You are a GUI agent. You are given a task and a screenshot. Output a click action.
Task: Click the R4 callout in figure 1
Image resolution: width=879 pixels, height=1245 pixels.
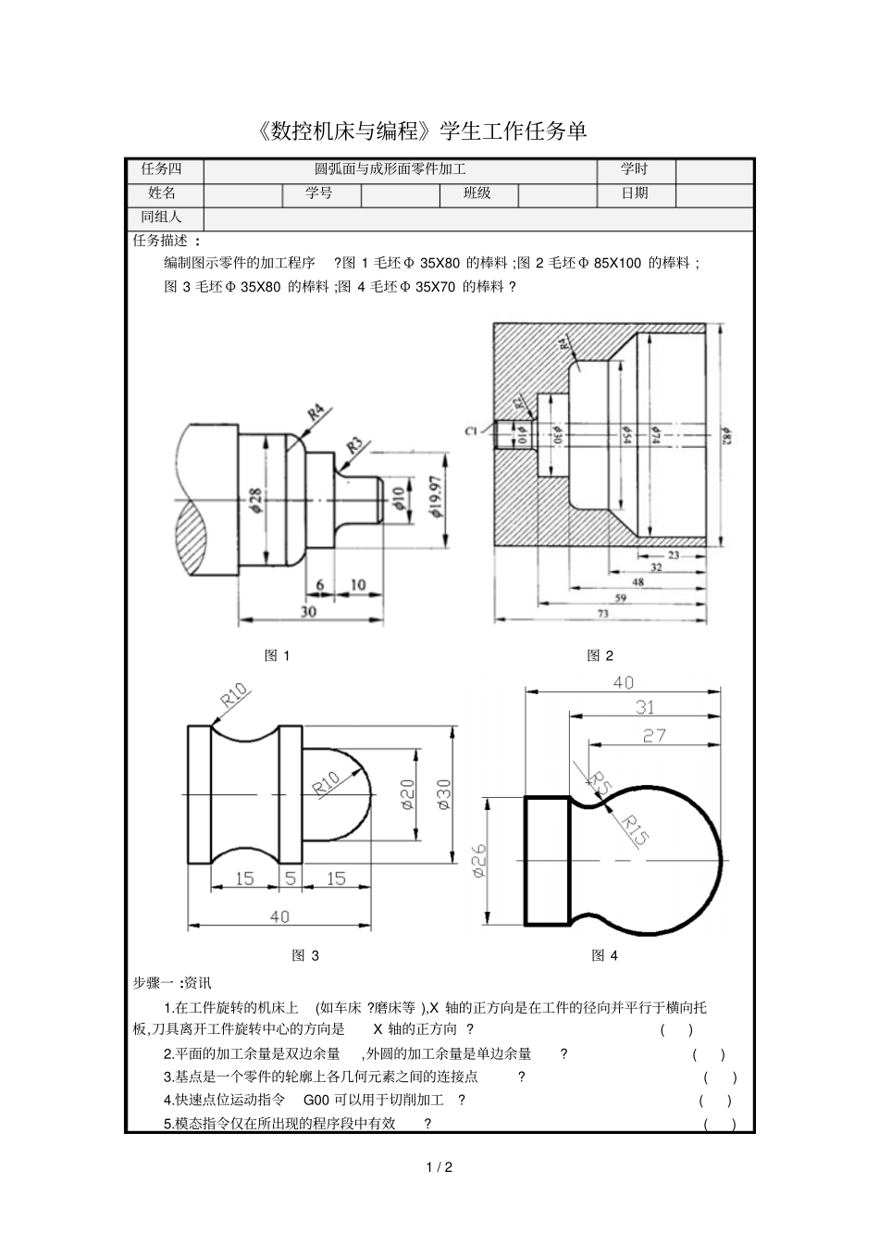(316, 413)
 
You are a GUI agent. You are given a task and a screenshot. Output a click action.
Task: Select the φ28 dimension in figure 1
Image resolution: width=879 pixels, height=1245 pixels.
(255, 500)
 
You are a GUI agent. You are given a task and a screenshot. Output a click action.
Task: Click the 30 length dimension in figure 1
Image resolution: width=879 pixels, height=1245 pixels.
(309, 612)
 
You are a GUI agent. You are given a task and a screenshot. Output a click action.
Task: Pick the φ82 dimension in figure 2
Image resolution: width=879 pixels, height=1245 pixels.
(726, 436)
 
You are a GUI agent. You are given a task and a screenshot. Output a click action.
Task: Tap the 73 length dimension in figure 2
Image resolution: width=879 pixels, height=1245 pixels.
(602, 614)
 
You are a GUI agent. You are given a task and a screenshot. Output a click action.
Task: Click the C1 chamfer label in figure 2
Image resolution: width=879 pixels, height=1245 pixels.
(471, 430)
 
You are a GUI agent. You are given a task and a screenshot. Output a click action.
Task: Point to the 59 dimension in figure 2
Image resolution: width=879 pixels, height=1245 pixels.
(621, 598)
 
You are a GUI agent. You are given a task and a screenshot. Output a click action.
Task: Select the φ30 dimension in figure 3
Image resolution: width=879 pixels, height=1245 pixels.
(443, 795)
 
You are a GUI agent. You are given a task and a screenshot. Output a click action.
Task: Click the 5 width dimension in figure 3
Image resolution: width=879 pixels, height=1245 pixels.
(290, 878)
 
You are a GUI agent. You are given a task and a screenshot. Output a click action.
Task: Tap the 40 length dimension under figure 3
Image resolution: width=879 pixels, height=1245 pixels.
(279, 916)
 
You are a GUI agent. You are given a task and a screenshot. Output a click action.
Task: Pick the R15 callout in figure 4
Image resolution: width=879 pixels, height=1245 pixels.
(634, 828)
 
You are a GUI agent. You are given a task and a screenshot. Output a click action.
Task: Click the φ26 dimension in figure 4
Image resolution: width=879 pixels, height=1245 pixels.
(479, 860)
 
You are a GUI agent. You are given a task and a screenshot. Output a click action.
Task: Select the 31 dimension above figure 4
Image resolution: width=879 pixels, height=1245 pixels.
(645, 708)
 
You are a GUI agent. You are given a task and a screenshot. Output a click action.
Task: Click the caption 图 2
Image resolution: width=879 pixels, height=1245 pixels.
(600, 656)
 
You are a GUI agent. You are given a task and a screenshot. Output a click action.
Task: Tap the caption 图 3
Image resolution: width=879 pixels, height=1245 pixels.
(304, 955)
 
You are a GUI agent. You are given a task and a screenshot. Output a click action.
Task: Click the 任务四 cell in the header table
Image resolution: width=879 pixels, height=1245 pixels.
(162, 169)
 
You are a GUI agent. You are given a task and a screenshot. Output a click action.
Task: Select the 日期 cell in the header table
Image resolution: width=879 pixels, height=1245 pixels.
(635, 193)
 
